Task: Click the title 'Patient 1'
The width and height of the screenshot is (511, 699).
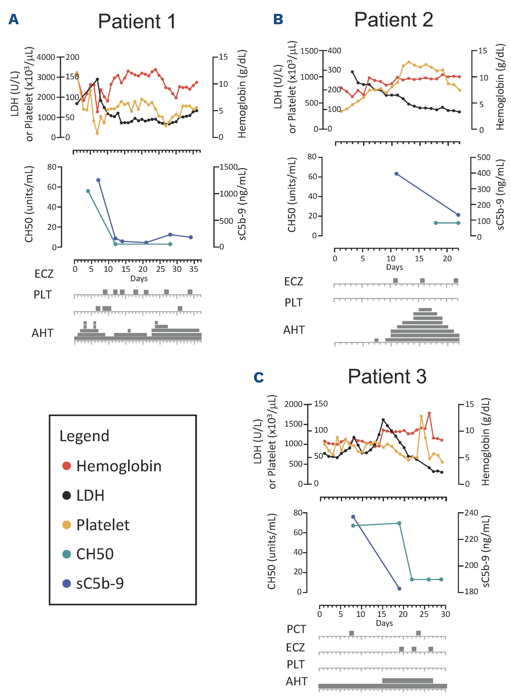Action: click(137, 22)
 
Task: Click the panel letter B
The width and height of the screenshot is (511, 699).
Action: click(278, 20)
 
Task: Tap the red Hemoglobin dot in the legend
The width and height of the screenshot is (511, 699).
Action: click(66, 466)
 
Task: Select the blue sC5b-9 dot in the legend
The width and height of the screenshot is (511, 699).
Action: click(66, 584)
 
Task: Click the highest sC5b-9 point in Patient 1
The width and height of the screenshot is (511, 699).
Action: click(98, 180)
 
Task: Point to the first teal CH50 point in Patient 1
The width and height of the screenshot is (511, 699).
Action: click(88, 191)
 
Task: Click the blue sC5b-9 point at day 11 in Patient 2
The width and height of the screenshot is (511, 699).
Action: click(397, 174)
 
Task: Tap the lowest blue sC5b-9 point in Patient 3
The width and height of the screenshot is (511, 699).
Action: click(399, 589)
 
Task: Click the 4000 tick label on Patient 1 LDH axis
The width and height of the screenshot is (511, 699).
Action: click(46, 57)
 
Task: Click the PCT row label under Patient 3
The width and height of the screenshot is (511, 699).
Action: click(296, 629)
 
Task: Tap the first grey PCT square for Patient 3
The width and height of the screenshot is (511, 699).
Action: click(351, 633)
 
